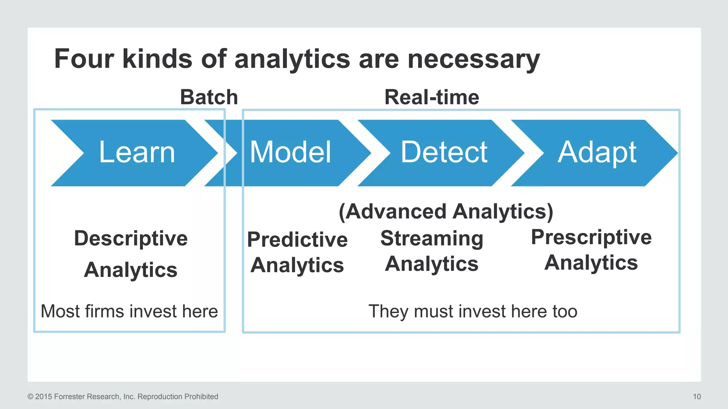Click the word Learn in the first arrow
[137, 152]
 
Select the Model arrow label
[290, 152]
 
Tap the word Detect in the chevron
[444, 152]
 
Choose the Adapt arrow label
[597, 153]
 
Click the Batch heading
[209, 97]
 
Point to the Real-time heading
[432, 97]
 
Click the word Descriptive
[131, 238]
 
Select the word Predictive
[297, 240]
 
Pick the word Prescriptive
[591, 237]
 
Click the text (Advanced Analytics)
[446, 212]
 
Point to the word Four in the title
[84, 59]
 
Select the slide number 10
[697, 397]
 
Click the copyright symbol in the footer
[30, 397]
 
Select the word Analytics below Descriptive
[131, 270]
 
